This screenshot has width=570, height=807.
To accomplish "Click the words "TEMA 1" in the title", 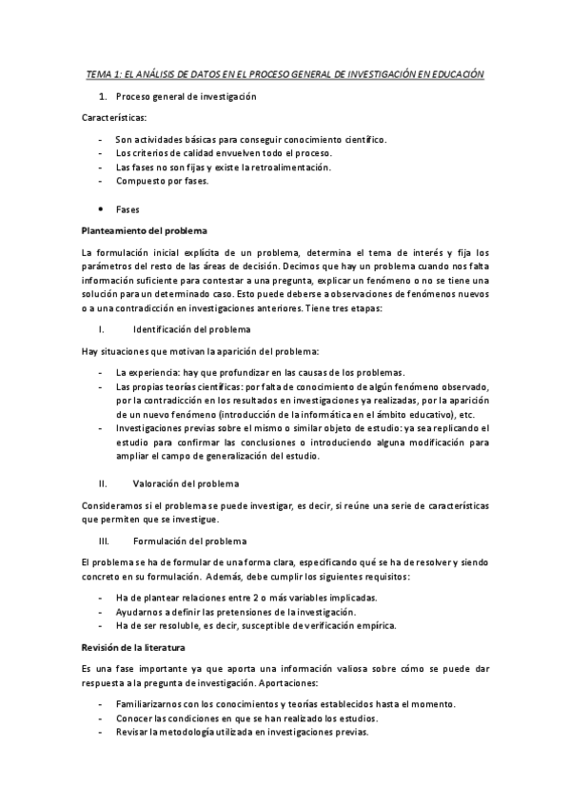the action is click(x=101, y=73).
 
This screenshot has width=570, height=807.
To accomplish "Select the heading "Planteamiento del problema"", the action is click(x=145, y=230).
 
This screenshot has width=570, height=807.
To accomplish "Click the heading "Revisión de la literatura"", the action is click(x=139, y=647).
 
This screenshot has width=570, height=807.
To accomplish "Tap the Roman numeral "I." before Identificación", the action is click(x=100, y=329).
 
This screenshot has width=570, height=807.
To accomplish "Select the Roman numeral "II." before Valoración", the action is click(x=102, y=483).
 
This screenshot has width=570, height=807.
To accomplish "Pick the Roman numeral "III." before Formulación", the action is click(x=103, y=541).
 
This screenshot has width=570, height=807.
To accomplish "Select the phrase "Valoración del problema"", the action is click(x=186, y=483).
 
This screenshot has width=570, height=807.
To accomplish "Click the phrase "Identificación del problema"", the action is click(x=192, y=329).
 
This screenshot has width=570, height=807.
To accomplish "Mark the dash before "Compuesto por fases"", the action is click(x=101, y=181).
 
